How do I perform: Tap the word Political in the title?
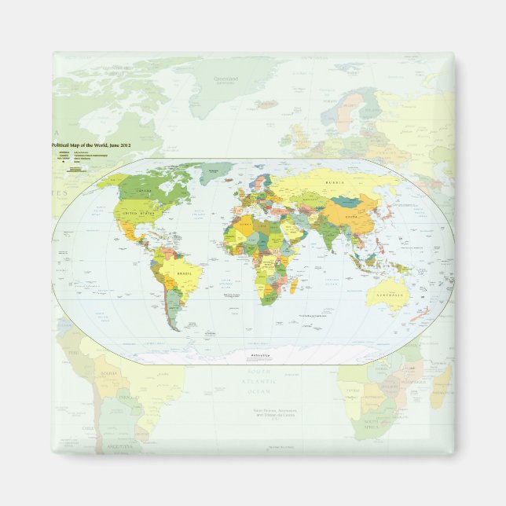click(x=63, y=146)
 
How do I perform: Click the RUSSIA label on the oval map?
click(x=335, y=183)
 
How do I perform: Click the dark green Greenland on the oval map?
click(x=215, y=172)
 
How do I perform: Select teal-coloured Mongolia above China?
click(x=346, y=200)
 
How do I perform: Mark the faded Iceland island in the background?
click(x=266, y=104)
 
